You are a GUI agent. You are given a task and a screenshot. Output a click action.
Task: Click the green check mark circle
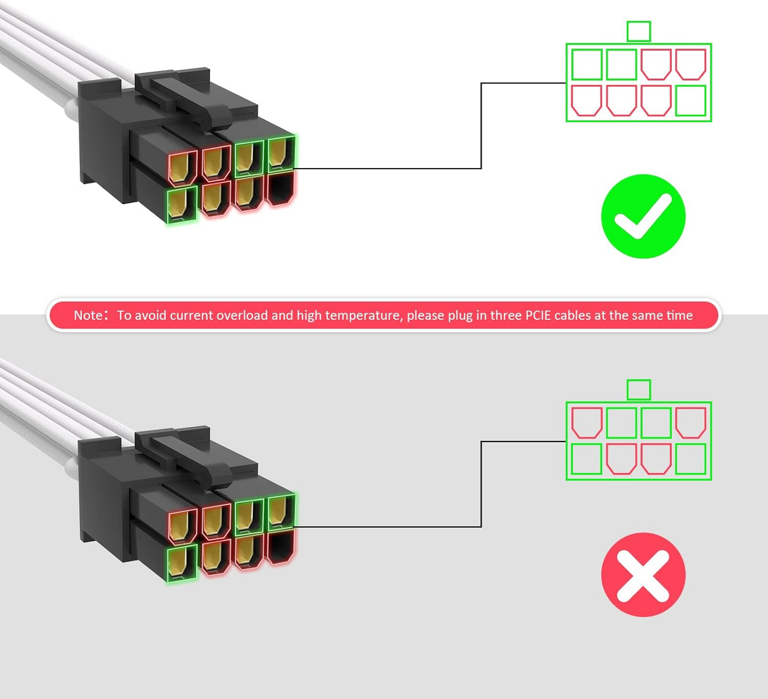click(x=643, y=216)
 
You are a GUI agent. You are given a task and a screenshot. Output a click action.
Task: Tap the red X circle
click(x=643, y=575)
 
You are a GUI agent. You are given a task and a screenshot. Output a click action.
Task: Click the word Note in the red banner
click(x=88, y=315)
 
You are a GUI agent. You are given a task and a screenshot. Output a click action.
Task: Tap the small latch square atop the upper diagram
click(x=638, y=31)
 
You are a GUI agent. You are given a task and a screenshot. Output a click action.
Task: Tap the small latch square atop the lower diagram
click(x=638, y=389)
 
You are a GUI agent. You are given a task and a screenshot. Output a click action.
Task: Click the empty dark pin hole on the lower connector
click(x=280, y=546)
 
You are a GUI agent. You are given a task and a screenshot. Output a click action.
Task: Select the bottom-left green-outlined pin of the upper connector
click(x=182, y=204)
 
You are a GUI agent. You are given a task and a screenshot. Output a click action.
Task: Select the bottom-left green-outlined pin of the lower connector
click(x=182, y=563)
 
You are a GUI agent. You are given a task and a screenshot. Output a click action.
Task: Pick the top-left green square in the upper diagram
click(x=587, y=64)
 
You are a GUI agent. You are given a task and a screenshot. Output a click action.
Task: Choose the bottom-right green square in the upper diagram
click(x=690, y=101)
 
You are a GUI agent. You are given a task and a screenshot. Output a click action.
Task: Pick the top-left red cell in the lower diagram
click(x=587, y=422)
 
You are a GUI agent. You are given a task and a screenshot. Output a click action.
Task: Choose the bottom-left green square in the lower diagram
click(x=587, y=459)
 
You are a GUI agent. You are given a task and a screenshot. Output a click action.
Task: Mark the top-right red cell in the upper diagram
click(x=690, y=64)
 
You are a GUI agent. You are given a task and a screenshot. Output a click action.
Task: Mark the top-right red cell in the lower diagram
click(x=690, y=422)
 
